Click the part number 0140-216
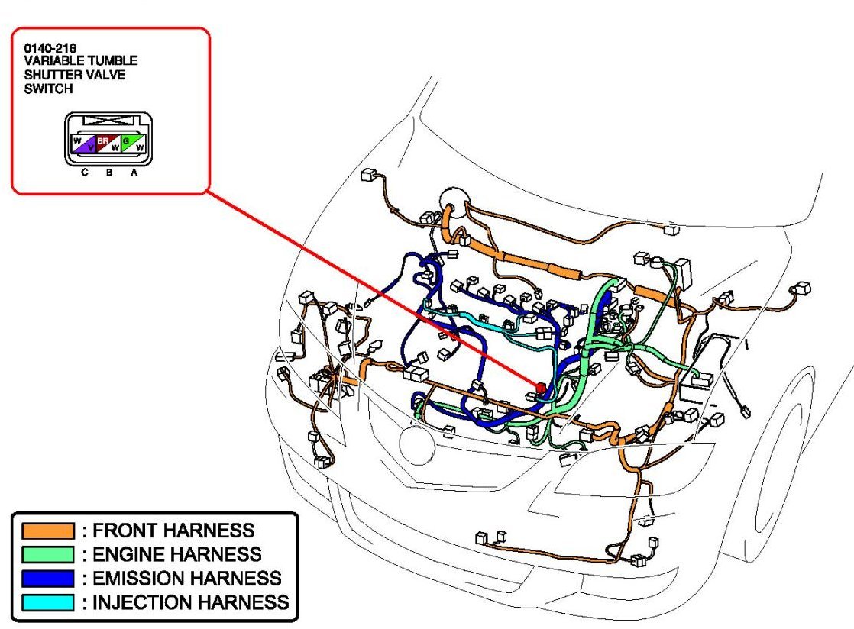50,48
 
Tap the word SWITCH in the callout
48,88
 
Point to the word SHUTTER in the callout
53,74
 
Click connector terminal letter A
134,173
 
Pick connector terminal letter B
109,173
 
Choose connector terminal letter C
85,173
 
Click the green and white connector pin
133,143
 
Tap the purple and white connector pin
84,143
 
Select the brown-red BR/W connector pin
108,143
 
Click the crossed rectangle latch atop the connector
108,121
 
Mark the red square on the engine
542,388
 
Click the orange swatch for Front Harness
48,531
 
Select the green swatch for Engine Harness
48,554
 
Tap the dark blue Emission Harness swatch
48,578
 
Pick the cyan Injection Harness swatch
48,602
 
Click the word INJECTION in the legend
138,602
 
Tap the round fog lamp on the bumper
417,445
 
